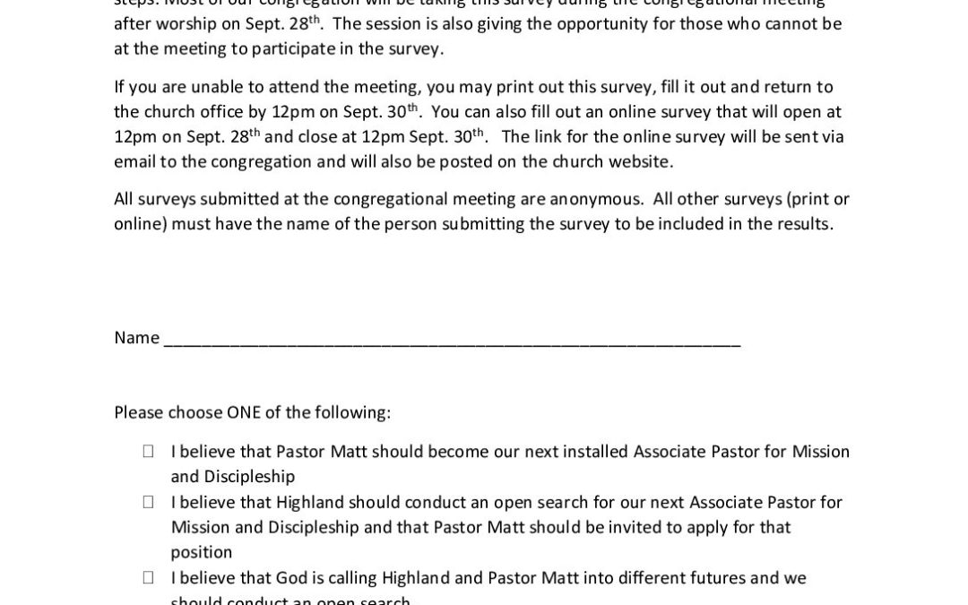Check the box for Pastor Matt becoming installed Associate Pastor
point(148,452)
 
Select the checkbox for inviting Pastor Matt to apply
point(148,502)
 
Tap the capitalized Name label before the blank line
point(136,338)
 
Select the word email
point(135,161)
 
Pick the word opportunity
point(606,23)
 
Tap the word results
point(799,223)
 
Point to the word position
point(202,552)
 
